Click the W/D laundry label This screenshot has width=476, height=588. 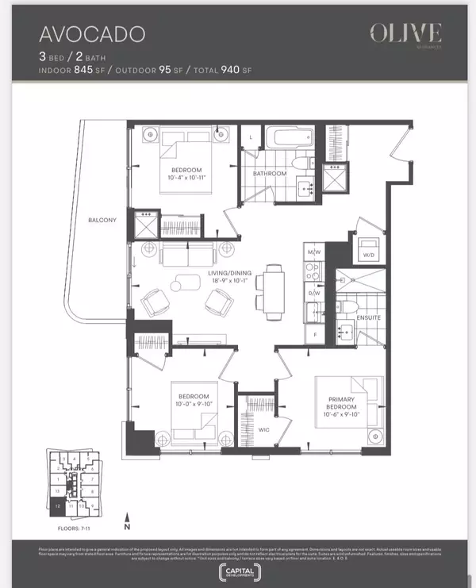tap(368, 256)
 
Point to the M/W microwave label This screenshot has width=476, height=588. tap(313, 253)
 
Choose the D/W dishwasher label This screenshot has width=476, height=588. tap(313, 293)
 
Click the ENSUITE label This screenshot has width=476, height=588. tap(370, 318)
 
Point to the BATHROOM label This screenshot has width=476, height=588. tap(270, 173)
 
